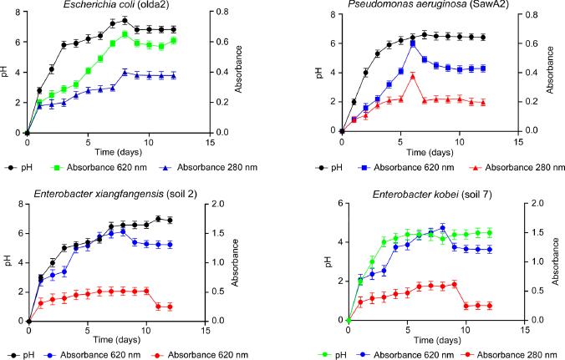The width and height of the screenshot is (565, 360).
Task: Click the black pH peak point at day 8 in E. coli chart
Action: (x=124, y=20)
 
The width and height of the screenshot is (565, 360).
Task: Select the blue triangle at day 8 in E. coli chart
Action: (x=124, y=73)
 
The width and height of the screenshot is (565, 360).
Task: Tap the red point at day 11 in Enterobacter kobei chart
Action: (x=477, y=306)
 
